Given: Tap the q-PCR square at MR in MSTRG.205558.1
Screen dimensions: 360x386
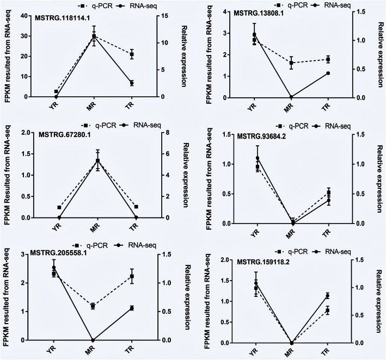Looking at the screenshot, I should coord(93,306).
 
